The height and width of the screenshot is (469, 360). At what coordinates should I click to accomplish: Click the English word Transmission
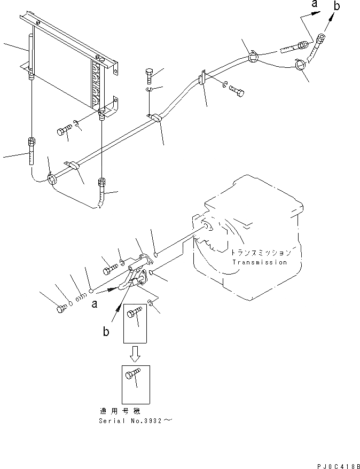coord(260,262)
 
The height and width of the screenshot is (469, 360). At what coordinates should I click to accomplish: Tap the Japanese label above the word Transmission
coord(261,252)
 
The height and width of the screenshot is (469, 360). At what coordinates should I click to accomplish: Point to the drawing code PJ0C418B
coord(335,465)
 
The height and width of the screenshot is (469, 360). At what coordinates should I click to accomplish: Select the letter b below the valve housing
coord(106,331)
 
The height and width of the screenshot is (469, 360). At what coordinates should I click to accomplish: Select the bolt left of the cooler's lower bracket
coord(65,129)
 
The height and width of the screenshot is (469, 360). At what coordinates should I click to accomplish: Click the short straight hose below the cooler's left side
coord(32,152)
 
